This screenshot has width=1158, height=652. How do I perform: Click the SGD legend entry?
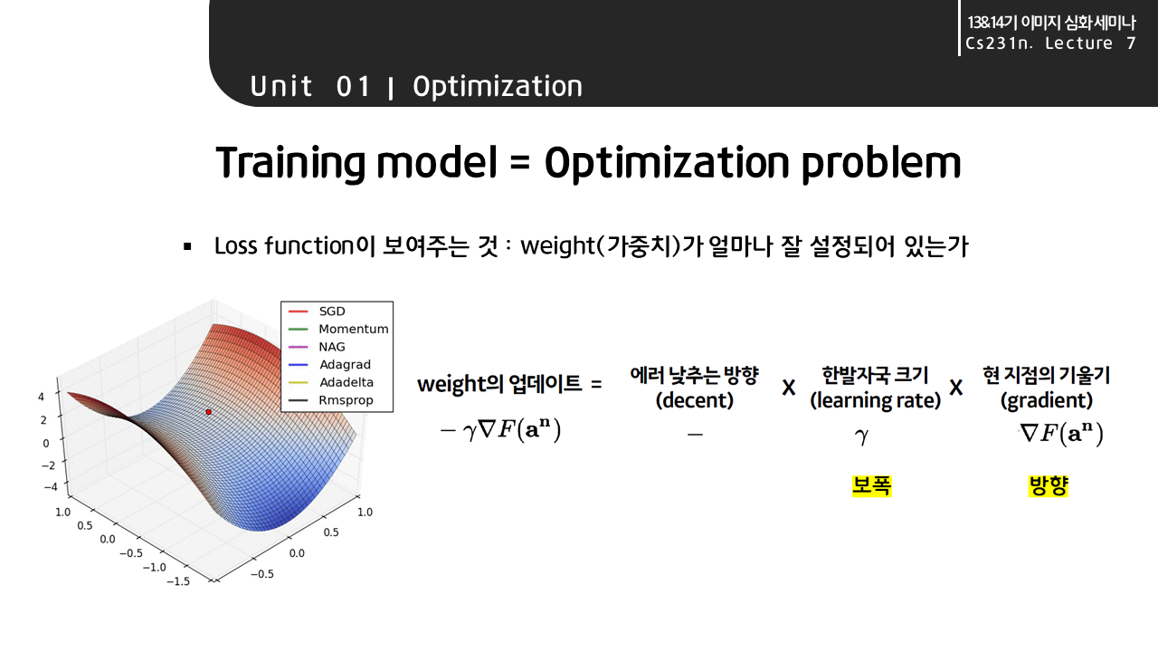[x=332, y=312]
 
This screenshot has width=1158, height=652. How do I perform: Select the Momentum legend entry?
[x=353, y=330]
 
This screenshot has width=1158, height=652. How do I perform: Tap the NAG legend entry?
[x=331, y=347]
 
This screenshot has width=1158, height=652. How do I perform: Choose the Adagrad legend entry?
[x=345, y=365]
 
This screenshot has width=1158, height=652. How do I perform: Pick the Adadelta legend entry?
[x=346, y=382]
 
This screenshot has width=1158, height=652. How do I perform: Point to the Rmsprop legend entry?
[x=346, y=400]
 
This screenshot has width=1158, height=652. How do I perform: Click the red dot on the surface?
[x=208, y=412]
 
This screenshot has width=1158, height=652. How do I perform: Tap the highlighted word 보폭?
[x=872, y=486]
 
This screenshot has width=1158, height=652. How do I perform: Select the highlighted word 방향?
[x=1049, y=486]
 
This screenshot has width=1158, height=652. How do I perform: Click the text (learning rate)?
[x=875, y=400]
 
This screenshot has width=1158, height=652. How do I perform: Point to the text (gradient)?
[x=1046, y=400]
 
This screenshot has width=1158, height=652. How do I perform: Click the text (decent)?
[x=694, y=400]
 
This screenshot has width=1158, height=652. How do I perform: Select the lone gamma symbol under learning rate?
[x=862, y=436]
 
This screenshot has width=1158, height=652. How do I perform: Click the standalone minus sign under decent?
[x=694, y=435]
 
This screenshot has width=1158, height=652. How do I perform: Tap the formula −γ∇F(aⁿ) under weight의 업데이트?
[x=500, y=431]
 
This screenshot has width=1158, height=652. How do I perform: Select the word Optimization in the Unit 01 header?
[x=498, y=87]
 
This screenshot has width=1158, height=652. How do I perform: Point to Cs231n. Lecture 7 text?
[x=1049, y=43]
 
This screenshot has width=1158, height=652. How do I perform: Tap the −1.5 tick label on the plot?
[x=179, y=581]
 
